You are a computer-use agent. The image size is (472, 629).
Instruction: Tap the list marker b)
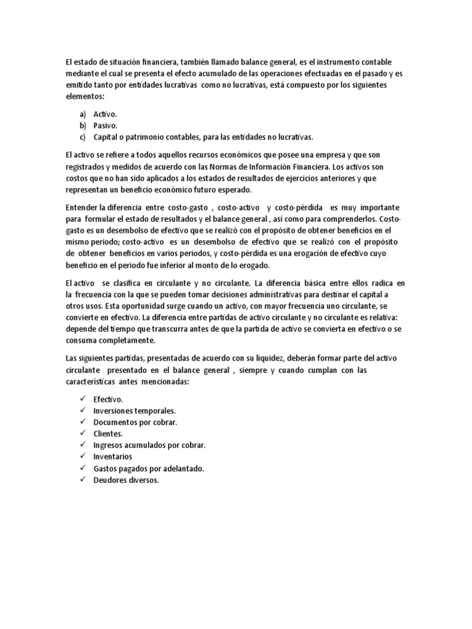[83, 125]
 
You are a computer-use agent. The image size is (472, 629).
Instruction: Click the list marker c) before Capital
[83, 136]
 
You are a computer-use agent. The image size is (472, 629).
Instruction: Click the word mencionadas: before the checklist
[167, 381]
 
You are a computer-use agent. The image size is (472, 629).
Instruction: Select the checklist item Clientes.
[108, 434]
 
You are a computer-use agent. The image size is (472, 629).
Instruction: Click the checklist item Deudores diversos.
[126, 480]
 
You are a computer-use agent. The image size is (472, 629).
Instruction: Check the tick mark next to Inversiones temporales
[82, 410]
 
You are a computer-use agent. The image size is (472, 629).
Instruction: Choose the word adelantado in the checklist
[182, 469]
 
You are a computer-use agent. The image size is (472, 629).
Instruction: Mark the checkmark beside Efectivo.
[82, 399]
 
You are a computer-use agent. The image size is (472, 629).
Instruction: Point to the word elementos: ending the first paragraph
[85, 97]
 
